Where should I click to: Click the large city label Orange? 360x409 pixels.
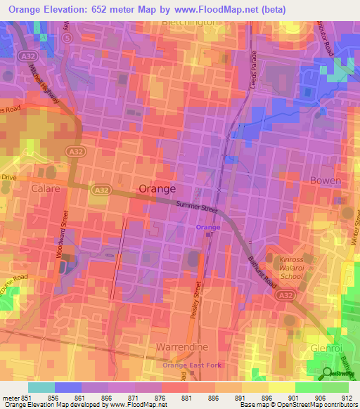pos(157,189)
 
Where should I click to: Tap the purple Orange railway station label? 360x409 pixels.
pos(207,227)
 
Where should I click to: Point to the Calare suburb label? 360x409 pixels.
pos(46,189)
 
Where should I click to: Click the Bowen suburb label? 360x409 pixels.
pos(326,181)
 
